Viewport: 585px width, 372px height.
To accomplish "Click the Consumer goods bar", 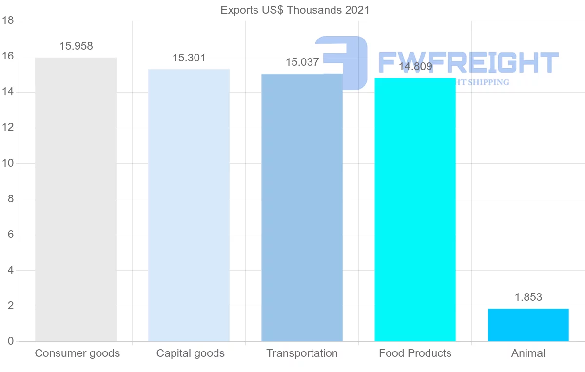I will [76, 199].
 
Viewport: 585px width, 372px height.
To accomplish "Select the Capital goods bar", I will [189, 205].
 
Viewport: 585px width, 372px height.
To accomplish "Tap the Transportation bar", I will [302, 208].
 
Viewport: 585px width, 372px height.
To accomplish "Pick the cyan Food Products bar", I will [415, 210].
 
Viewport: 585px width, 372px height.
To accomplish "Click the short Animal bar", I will [528, 325].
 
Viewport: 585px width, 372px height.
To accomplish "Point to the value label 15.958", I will [76, 46].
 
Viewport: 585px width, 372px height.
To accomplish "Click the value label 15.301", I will [189, 58].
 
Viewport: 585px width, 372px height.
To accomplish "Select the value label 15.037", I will [302, 62].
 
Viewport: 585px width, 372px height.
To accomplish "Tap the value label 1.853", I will [528, 297].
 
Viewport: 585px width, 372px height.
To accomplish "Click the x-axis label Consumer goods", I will [77, 353].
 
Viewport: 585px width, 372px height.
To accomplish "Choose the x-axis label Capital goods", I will [190, 353].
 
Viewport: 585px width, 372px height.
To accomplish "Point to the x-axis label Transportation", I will [302, 353].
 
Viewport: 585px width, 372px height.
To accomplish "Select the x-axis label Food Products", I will [415, 353].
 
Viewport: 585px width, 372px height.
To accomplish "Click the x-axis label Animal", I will [528, 353].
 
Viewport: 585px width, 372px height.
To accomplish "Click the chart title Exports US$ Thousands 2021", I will [295, 10].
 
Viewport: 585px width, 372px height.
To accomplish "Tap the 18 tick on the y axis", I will [7, 21].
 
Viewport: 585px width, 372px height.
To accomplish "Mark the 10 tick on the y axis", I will [7, 163].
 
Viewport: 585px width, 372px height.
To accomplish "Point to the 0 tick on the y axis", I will [10, 341].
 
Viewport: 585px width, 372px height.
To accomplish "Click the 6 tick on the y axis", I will [10, 235].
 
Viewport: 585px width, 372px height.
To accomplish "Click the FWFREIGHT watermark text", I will [468, 62].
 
